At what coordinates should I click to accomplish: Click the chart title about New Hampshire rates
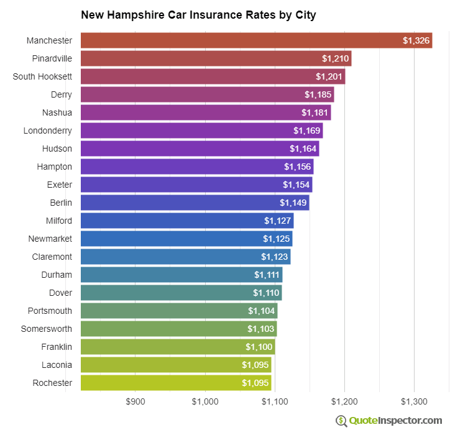click(198, 15)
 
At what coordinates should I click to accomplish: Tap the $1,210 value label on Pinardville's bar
click(335, 58)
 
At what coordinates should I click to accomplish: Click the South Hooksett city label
click(42, 76)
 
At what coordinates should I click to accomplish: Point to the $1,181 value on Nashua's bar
click(315, 112)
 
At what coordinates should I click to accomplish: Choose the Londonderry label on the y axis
click(47, 130)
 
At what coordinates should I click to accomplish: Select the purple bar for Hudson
click(200, 149)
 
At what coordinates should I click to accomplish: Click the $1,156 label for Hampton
click(297, 167)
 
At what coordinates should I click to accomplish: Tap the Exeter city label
click(59, 185)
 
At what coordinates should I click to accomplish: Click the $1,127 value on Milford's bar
click(277, 221)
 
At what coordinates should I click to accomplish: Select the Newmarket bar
click(186, 239)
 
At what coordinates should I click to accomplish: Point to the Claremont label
click(52, 257)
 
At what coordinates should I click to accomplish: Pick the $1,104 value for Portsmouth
click(261, 311)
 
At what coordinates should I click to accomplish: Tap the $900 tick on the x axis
click(135, 401)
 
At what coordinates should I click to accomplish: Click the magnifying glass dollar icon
click(341, 421)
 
